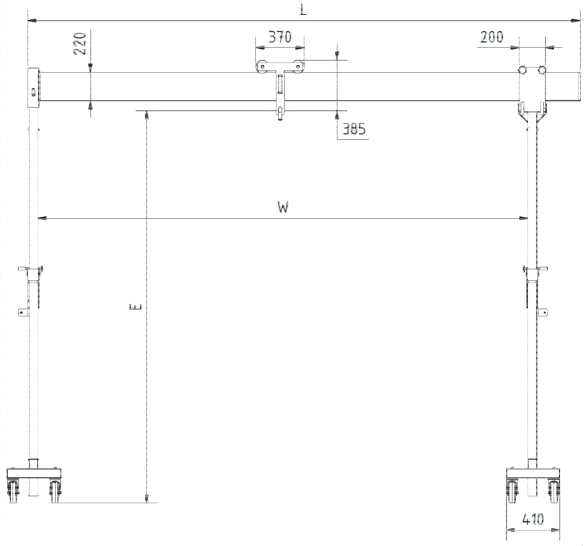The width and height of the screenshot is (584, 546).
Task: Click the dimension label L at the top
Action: pyautogui.click(x=304, y=10)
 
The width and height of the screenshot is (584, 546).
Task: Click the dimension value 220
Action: pyautogui.click(x=80, y=44)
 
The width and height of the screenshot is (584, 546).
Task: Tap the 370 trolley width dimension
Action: pyautogui.click(x=280, y=37)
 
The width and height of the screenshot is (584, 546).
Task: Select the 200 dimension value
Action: pyautogui.click(x=492, y=37)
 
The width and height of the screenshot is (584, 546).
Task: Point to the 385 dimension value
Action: pyautogui.click(x=354, y=129)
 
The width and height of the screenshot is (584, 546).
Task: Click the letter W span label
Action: pyautogui.click(x=283, y=207)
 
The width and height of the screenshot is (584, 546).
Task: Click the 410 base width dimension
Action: pyautogui.click(x=533, y=519)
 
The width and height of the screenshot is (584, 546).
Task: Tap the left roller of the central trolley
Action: pyautogui.click(x=262, y=66)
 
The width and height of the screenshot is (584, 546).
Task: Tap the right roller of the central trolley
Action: pyautogui.click(x=297, y=66)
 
